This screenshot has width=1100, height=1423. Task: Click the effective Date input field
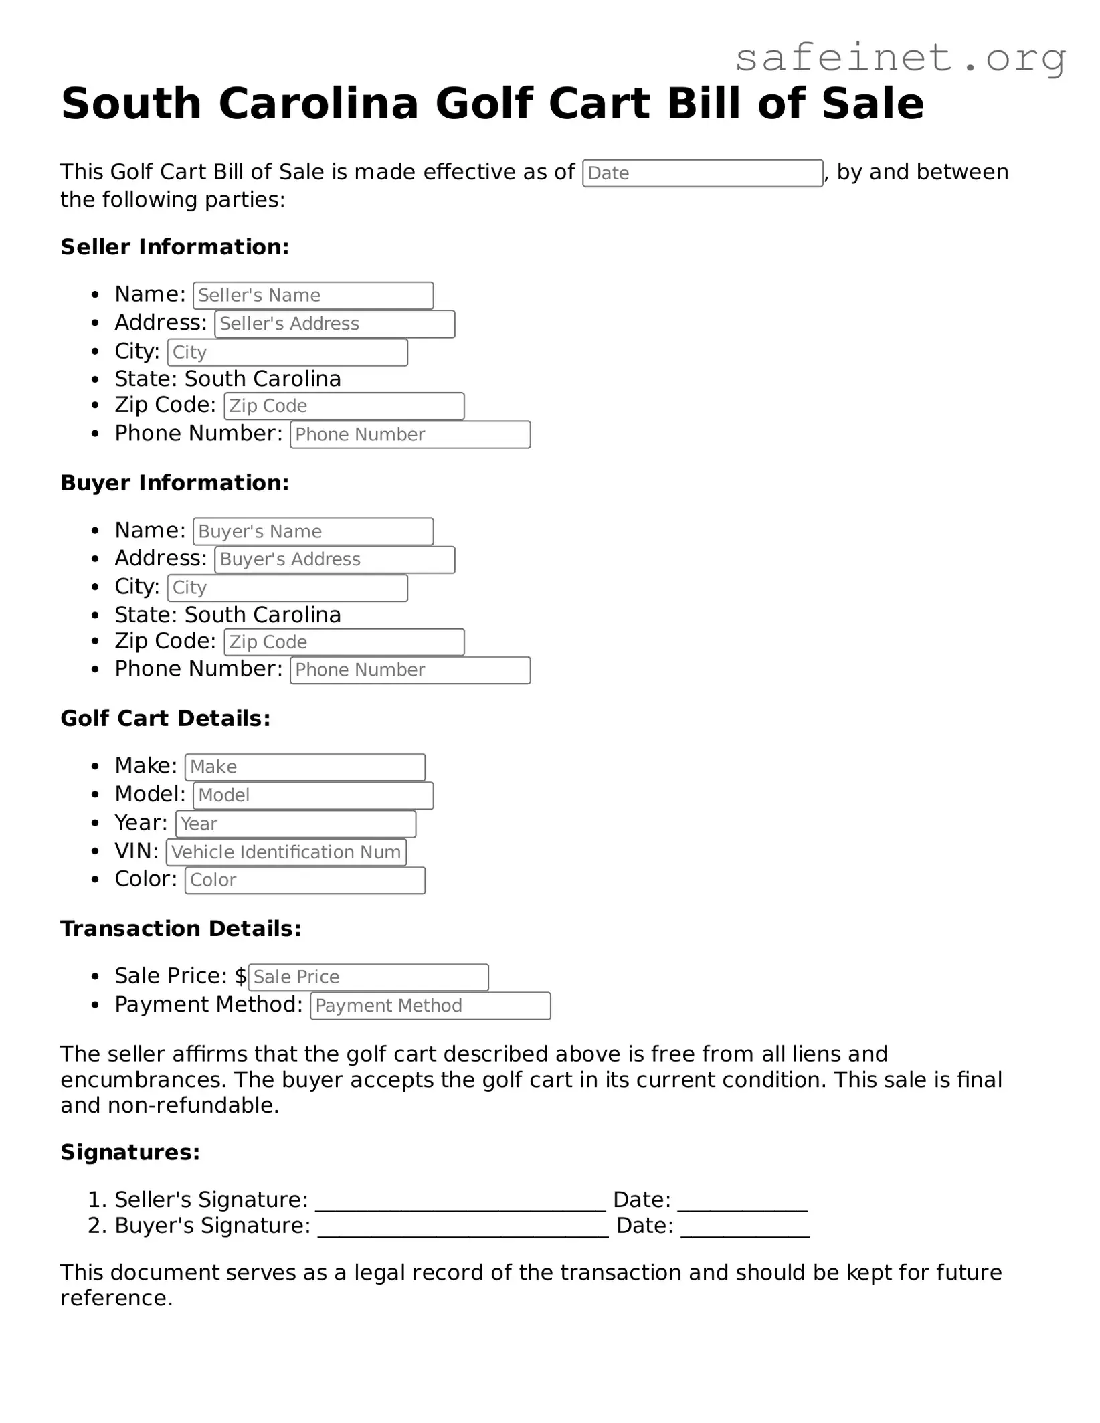coord(702,173)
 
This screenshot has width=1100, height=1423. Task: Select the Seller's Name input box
coord(313,296)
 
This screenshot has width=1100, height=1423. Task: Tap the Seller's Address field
coord(335,324)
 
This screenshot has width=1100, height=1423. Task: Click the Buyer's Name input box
coord(313,532)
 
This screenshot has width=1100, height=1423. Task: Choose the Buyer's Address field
coord(335,560)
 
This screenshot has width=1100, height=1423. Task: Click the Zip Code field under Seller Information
coord(344,406)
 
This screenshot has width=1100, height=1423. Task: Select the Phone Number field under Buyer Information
coord(410,670)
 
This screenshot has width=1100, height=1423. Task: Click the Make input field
coord(305,767)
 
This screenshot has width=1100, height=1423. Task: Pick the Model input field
coord(313,796)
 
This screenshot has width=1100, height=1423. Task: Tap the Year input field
coord(296,824)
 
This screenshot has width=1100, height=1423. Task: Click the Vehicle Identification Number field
coord(286,852)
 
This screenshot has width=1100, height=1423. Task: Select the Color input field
coord(305,880)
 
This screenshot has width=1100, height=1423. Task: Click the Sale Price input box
coord(368,977)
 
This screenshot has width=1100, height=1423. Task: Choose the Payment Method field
coord(430,1006)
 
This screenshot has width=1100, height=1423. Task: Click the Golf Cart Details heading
coord(165,719)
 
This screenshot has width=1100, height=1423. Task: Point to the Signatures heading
coord(130,1153)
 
